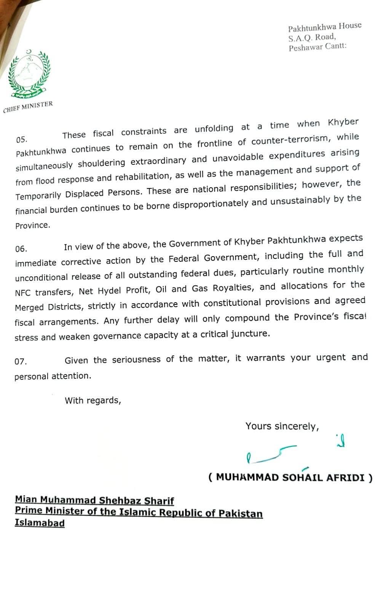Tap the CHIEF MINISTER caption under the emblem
pyautogui.click(x=28, y=107)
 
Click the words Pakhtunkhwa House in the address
pyautogui.click(x=324, y=27)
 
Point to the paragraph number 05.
pyautogui.click(x=22, y=140)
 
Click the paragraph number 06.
pyautogui.click(x=21, y=249)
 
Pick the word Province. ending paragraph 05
pyautogui.click(x=33, y=225)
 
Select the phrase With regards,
pyautogui.click(x=93, y=400)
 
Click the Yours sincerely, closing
pyautogui.click(x=282, y=426)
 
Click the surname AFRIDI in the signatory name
pyautogui.click(x=345, y=477)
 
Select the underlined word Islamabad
pyautogui.click(x=40, y=523)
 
